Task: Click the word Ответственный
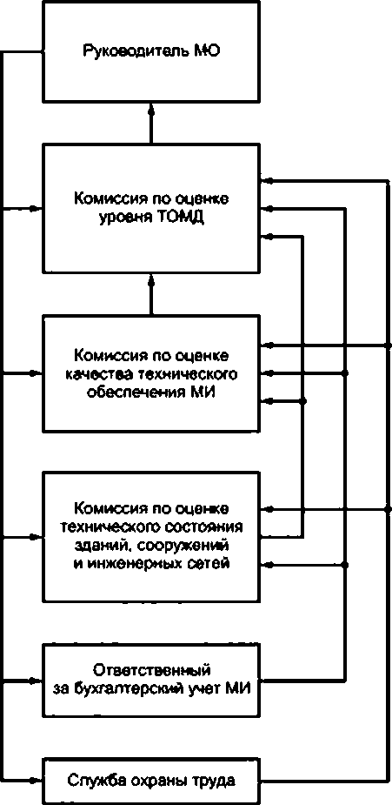coord(152,670)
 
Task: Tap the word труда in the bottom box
coord(216,781)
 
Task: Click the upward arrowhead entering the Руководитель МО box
coord(150,108)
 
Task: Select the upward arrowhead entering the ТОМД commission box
coord(150,280)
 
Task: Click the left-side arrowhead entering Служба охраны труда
coord(34,781)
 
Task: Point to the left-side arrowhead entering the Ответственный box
coord(34,681)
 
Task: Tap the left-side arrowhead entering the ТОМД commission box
coord(34,208)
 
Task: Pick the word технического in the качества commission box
coord(187,373)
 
